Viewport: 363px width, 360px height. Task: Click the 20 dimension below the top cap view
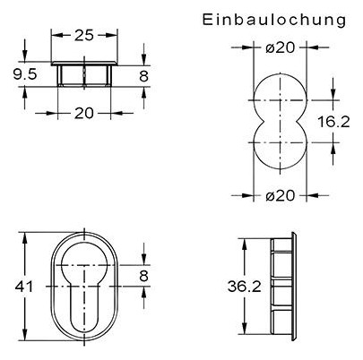click(85, 112)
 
